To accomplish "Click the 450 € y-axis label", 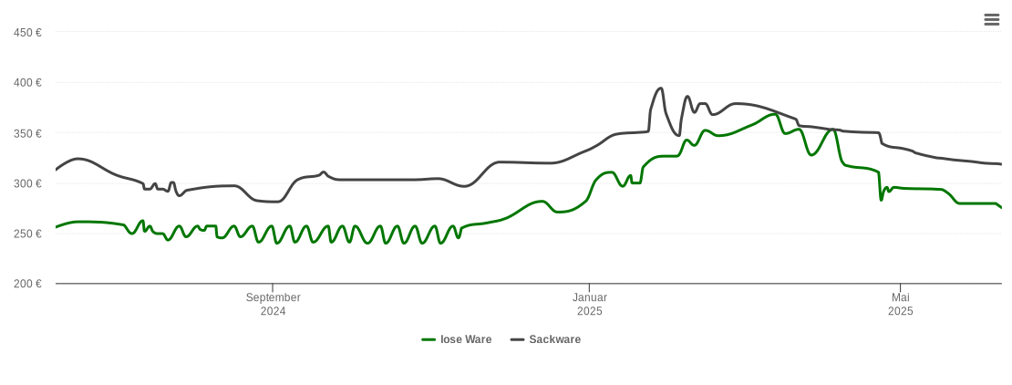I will (27, 33).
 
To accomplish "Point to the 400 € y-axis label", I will (27, 83).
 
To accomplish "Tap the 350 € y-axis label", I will (27, 133).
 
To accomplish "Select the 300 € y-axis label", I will (27, 183).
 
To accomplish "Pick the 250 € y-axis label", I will (27, 234).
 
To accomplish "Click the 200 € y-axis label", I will (27, 284).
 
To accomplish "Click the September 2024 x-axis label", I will (273, 304).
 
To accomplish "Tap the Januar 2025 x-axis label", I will (589, 304).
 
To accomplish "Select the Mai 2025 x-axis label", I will (900, 304).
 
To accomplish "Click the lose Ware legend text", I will (465, 339).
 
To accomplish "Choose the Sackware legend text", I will (554, 339).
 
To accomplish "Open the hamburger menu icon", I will (992, 20).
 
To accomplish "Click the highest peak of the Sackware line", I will (660, 88).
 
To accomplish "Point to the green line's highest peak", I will (775, 114).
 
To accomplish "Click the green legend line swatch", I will (429, 339).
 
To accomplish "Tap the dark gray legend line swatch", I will (517, 339).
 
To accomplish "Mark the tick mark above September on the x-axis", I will (273, 287).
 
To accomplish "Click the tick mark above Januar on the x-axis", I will (589, 287).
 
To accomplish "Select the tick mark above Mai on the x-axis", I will (900, 287).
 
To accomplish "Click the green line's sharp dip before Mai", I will (881, 199).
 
